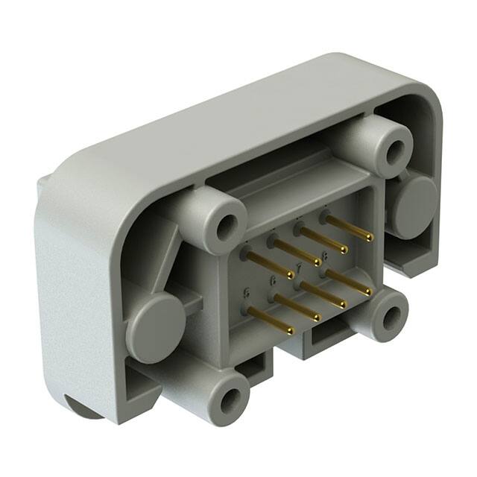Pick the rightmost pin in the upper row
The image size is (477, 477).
click(349, 227)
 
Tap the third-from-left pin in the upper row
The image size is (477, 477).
click(323, 238)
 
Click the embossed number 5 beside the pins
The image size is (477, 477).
click(245, 292)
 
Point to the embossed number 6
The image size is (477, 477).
click(273, 280)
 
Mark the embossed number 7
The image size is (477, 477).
click(299, 267)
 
